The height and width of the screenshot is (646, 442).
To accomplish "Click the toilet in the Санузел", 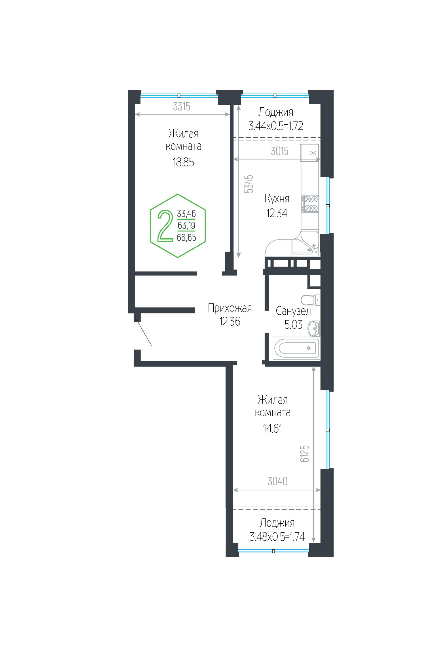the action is tap(310, 300).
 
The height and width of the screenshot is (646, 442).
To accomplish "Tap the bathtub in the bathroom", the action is tap(297, 348).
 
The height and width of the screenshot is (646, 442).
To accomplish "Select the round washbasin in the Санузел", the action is tap(314, 328).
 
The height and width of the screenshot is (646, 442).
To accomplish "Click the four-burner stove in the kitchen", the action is tap(310, 204).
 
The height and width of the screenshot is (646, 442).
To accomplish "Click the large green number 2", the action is tap(165, 226).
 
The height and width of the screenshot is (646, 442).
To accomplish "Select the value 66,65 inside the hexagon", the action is tap(187, 238).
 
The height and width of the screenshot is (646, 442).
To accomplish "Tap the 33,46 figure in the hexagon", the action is tap(186, 214).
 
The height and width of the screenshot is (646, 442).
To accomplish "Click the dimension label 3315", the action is tap(181, 107).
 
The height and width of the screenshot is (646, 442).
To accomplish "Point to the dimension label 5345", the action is tap(249, 184).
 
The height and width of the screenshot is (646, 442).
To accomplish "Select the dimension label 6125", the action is tap(304, 453).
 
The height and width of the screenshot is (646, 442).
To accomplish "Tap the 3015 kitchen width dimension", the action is tap(279, 151).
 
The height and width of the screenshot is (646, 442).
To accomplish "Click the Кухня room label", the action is tap(277, 199).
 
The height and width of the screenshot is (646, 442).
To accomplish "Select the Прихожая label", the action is tap(230, 308).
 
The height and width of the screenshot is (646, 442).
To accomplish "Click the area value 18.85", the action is tap(183, 162).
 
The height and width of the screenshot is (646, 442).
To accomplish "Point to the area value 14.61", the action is tap(272, 429).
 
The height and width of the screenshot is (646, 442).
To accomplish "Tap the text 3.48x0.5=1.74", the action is tap(277, 537).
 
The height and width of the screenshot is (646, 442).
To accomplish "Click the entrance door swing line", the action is tap(145, 333).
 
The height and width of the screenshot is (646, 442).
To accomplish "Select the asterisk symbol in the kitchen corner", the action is tap(313, 153).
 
